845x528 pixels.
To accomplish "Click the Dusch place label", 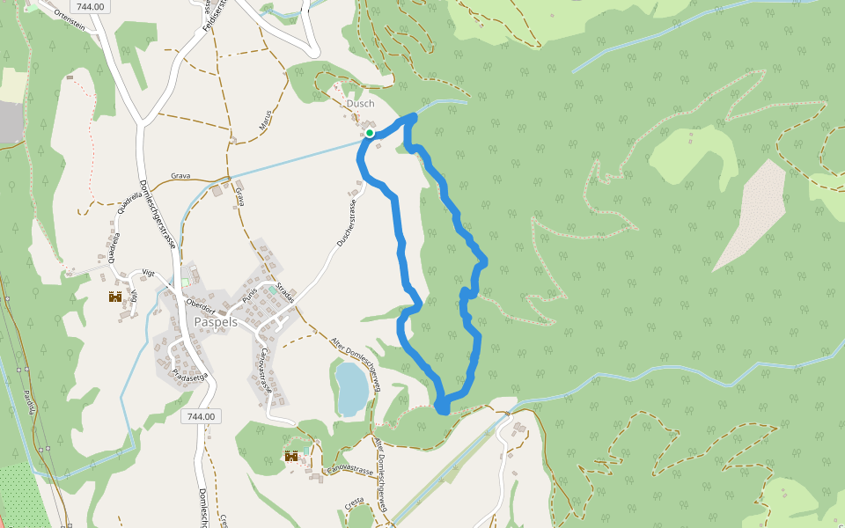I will pyautogui.click(x=360, y=103).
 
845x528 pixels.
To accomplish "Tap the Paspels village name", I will pyautogui.click(x=215, y=322).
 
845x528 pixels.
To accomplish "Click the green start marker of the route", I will pyautogui.click(x=371, y=133).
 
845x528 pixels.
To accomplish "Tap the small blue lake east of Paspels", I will pyautogui.click(x=351, y=388).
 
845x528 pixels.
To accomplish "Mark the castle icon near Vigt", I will pyautogui.click(x=115, y=297).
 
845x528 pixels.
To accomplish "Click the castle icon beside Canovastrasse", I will pyautogui.click(x=290, y=456).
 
